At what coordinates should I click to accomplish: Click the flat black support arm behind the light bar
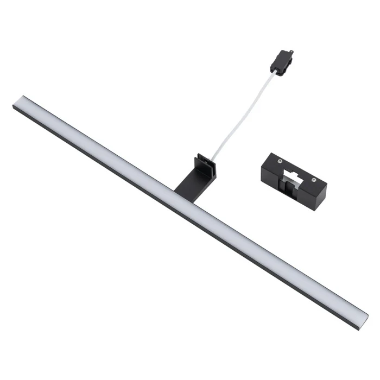coord(187,179)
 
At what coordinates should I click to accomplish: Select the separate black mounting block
coord(293,177)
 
